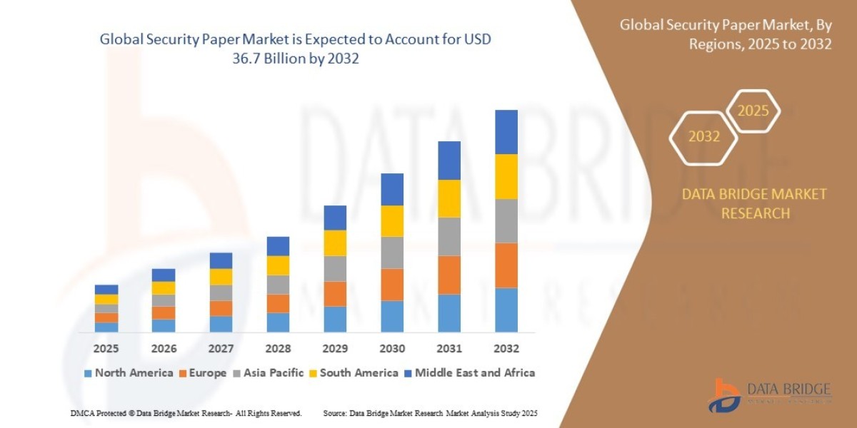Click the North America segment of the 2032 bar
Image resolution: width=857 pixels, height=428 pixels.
(506, 310)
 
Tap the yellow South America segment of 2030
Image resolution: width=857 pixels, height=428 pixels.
(392, 221)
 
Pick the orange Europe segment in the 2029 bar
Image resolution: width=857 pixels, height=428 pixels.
(335, 294)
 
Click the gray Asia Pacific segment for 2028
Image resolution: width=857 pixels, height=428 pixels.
(278, 285)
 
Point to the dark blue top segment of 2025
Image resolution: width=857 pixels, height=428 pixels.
(106, 290)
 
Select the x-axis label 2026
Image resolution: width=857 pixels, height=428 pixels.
(164, 349)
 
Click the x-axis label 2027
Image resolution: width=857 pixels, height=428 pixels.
(221, 349)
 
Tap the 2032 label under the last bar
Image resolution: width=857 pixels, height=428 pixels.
(506, 349)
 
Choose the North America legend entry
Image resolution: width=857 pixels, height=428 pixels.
(129, 372)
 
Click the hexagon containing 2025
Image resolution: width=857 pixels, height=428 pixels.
(753, 111)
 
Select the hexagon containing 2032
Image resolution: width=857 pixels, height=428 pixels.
(704, 136)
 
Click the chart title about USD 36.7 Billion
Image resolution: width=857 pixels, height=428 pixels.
(296, 49)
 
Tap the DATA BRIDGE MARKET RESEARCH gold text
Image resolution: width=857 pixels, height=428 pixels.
(754, 203)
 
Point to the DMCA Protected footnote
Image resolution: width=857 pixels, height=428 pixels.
(186, 413)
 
